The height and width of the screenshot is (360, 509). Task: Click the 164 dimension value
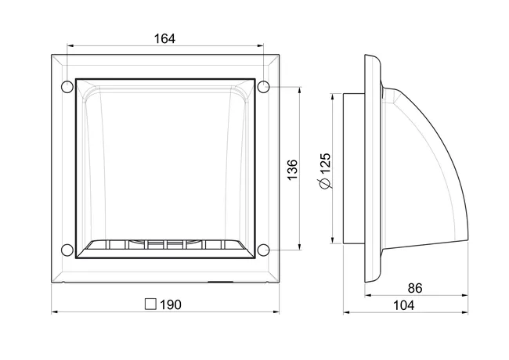(x=164, y=38)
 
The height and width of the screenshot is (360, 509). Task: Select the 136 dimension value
(x=292, y=170)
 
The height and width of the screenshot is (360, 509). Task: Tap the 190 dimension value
(x=171, y=304)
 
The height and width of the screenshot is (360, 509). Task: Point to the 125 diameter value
(x=325, y=163)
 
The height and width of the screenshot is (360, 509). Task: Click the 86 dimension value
(x=415, y=288)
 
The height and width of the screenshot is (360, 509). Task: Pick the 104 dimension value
(x=404, y=305)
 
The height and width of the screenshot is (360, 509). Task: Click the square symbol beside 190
(x=150, y=304)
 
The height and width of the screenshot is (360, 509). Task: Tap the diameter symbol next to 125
(x=326, y=183)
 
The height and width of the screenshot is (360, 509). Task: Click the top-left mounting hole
(x=67, y=87)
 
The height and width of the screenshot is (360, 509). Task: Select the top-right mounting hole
(x=263, y=87)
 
